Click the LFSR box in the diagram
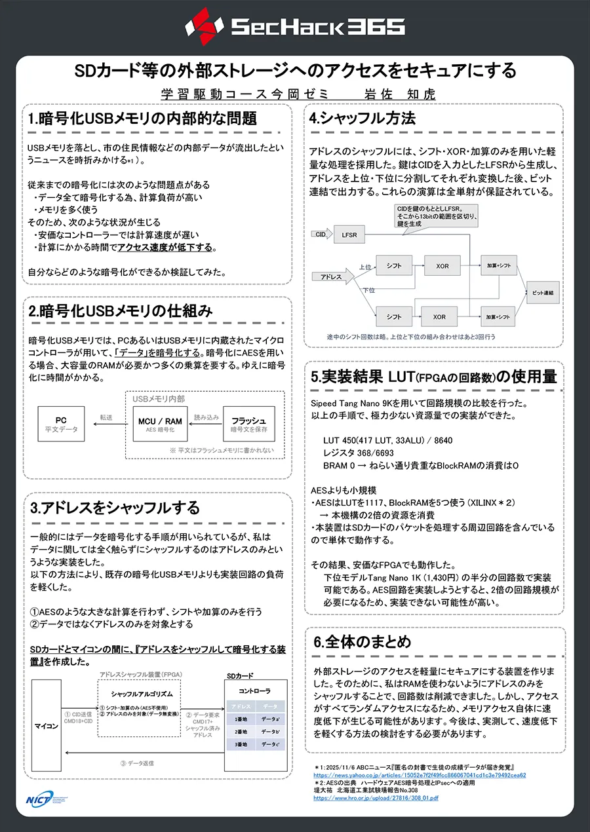[x=349, y=235]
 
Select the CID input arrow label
[x=321, y=234]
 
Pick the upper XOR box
[x=442, y=265]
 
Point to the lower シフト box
[x=394, y=316]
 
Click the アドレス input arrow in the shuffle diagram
[x=332, y=276]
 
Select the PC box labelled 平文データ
[x=61, y=424]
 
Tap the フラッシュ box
[x=248, y=424]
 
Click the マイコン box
[x=46, y=725]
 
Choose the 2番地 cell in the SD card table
[x=241, y=731]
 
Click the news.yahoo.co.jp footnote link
[x=420, y=775]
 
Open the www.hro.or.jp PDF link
[x=376, y=798]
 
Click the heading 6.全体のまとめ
[x=362, y=641]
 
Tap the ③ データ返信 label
[x=137, y=763]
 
